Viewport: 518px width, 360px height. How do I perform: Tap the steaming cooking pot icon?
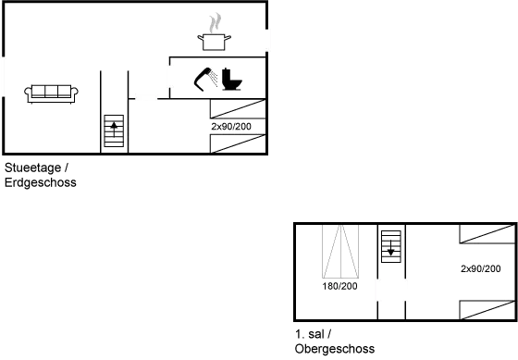tap(214, 33)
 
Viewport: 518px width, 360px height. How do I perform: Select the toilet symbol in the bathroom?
tap(231, 81)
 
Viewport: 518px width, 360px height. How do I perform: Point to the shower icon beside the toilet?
tap(204, 81)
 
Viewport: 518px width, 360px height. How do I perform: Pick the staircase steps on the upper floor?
tap(391, 245)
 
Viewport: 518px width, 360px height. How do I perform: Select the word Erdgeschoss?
tap(40, 183)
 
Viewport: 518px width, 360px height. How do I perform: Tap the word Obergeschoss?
tap(334, 349)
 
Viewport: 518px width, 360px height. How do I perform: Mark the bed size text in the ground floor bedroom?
tap(231, 125)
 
